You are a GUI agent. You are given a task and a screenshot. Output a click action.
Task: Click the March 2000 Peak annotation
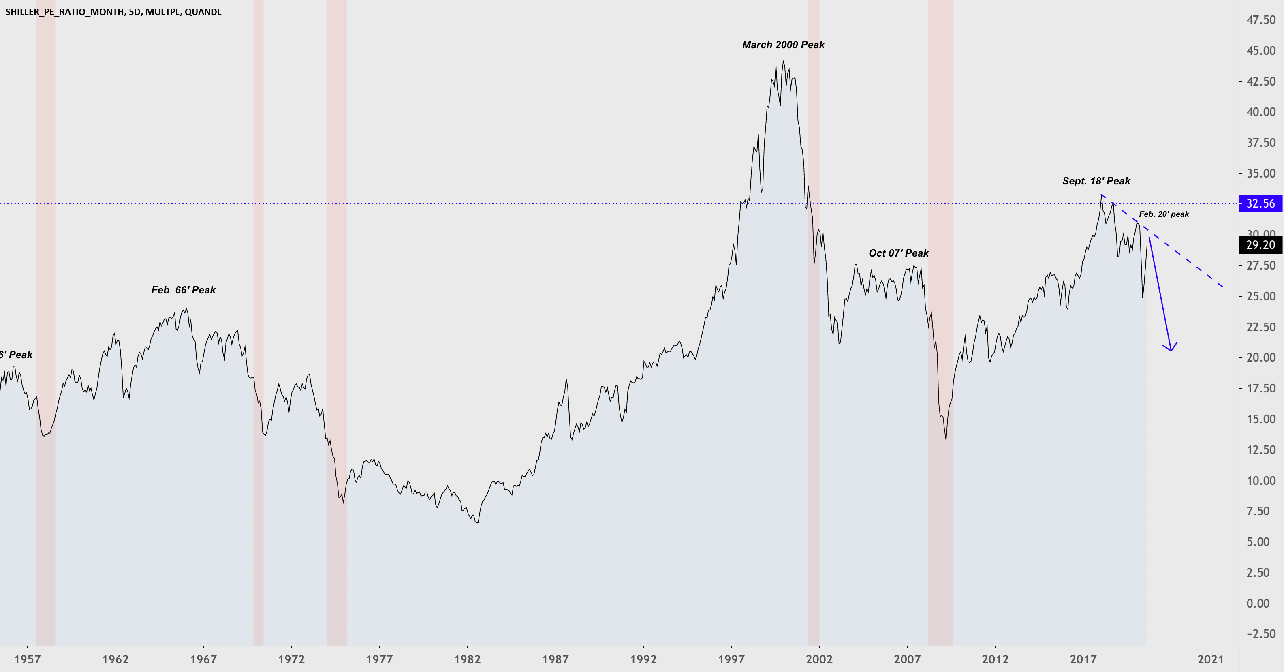coord(783,45)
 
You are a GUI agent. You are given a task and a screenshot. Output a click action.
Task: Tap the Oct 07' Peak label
coord(898,253)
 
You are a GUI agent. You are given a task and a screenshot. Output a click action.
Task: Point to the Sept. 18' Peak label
coord(1096,181)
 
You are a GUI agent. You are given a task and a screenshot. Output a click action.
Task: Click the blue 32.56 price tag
coord(1260,203)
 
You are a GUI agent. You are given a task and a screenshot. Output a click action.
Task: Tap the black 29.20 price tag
coord(1260,245)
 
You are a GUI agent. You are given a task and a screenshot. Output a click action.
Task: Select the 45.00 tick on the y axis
coord(1260,51)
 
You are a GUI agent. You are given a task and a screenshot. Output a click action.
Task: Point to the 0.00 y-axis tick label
coord(1258,603)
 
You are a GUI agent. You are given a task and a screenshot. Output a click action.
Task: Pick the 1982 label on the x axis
coord(467,659)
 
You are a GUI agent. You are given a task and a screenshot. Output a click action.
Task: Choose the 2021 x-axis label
coord(1210,659)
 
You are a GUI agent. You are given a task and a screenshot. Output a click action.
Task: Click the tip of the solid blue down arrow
coord(1171,351)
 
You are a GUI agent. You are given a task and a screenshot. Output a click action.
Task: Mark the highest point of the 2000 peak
coord(783,61)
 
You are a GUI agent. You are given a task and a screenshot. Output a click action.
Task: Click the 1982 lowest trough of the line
coord(477,522)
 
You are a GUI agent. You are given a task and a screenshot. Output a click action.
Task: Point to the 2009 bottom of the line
coord(946,442)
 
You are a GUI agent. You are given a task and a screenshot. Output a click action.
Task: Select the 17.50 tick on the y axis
coord(1260,388)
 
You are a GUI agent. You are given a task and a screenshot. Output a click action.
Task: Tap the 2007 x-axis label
coord(907,659)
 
